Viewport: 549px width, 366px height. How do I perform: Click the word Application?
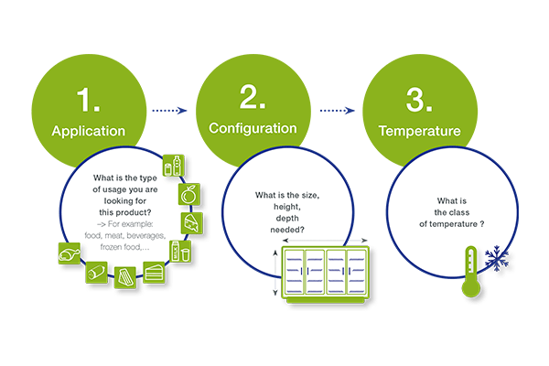[x=100, y=132]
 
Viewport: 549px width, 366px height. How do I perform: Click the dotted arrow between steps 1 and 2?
[x=171, y=110]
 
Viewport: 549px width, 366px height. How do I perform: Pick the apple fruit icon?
[x=189, y=194]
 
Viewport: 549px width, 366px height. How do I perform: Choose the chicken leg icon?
[x=70, y=251]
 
